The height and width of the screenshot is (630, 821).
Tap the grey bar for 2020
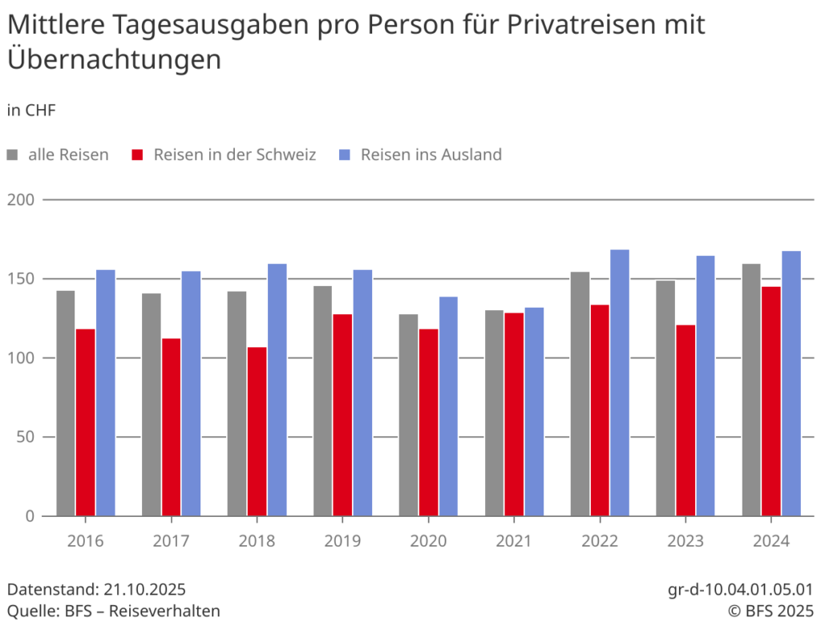409,414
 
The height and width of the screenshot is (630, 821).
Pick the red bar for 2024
770,401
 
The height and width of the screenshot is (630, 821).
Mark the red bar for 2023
686,420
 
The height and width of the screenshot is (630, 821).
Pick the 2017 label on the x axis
171,541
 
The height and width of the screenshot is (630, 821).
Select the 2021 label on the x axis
513,541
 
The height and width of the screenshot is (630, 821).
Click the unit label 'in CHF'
31,111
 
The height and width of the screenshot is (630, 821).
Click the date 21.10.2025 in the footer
144,590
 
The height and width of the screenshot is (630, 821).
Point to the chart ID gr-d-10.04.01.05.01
740,590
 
